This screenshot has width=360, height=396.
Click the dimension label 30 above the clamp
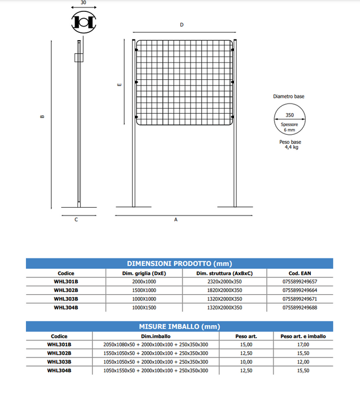click(83, 3)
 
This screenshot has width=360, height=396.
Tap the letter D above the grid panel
click(181, 25)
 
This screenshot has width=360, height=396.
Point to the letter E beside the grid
click(119, 85)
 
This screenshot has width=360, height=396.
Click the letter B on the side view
click(42, 117)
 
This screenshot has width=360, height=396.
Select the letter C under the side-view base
click(76, 219)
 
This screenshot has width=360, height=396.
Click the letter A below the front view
click(176, 219)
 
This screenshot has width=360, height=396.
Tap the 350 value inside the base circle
click(289, 115)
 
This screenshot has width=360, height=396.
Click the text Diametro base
click(289, 97)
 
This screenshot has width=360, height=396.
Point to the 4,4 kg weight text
click(291, 147)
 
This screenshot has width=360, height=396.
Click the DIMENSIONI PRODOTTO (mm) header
click(179, 264)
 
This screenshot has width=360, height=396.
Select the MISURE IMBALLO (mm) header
click(179, 327)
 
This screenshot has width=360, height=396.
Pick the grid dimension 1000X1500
click(144, 308)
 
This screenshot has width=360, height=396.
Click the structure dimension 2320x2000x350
click(224, 282)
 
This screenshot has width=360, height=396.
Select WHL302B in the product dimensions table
click(66, 290)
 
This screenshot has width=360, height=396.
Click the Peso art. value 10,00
click(246, 362)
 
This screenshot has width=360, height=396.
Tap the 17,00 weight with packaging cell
click(303, 345)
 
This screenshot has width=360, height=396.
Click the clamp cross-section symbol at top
click(84, 21)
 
